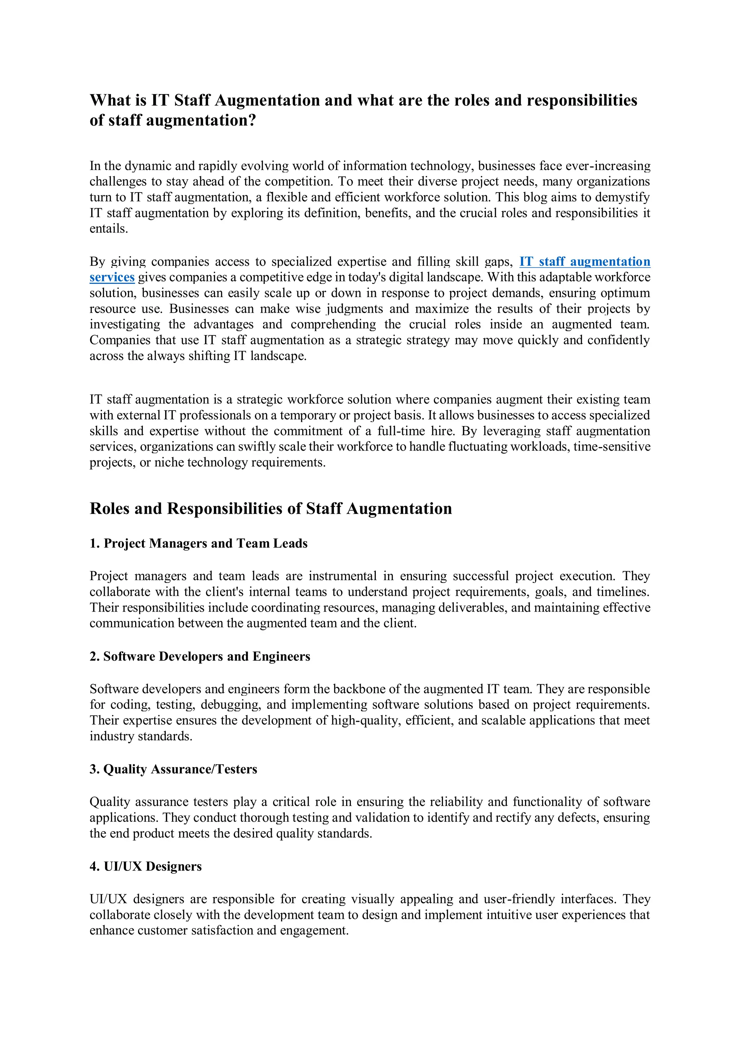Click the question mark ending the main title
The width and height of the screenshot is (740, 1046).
(x=252, y=120)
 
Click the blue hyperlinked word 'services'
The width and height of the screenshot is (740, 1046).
(x=112, y=277)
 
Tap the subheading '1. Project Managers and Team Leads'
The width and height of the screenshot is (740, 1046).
(x=198, y=543)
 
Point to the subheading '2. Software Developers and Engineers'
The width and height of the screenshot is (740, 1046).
(x=200, y=656)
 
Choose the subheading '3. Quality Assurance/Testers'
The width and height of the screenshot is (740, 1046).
(x=173, y=769)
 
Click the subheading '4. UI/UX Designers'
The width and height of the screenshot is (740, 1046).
(x=146, y=867)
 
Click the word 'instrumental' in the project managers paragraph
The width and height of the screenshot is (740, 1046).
(x=343, y=576)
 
